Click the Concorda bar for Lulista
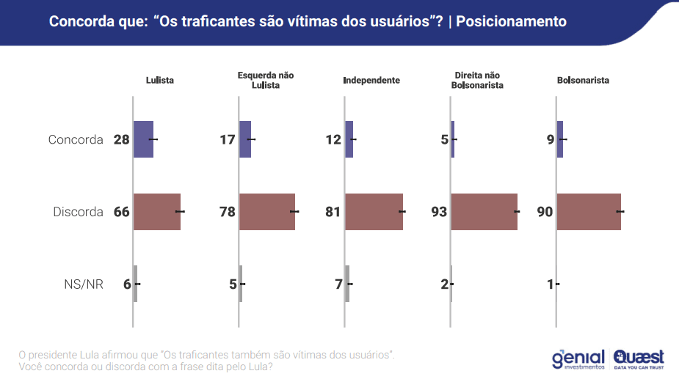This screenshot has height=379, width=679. (143, 139)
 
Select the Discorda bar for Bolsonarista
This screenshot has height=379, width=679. (589, 212)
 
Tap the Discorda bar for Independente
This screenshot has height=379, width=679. (374, 212)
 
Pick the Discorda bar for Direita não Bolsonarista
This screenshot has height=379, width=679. (484, 212)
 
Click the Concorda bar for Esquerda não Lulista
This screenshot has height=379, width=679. (245, 139)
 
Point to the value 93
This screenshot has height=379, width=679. (439, 213)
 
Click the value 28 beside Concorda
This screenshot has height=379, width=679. (121, 139)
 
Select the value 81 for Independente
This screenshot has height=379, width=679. (333, 213)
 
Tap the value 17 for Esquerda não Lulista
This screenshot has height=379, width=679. (228, 139)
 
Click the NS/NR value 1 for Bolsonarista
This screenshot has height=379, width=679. (550, 284)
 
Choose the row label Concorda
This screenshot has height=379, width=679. (76, 139)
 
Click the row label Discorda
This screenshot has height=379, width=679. (78, 213)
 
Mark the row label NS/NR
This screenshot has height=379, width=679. (84, 284)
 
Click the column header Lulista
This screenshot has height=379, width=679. (160, 80)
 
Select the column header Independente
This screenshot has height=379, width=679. (371, 80)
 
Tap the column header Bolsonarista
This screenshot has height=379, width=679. (584, 80)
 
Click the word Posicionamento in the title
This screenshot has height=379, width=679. (512, 21)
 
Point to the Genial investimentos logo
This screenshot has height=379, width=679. (578, 358)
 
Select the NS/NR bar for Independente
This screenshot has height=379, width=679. (347, 284)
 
